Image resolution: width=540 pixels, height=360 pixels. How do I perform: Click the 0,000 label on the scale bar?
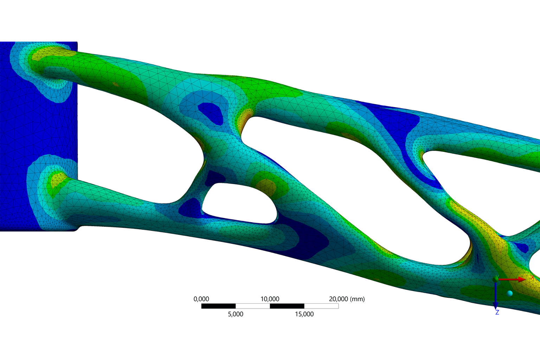click(201, 299)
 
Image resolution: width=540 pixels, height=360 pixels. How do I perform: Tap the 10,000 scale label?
click(270, 299)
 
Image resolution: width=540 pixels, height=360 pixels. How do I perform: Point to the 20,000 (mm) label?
click(347, 299)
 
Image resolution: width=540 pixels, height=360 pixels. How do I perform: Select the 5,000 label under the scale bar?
click(236, 314)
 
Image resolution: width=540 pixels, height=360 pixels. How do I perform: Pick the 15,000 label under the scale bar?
click(304, 314)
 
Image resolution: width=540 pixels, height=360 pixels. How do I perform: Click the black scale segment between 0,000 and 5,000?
click(218, 306)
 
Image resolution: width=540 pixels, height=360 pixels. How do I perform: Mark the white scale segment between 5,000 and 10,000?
click(252, 306)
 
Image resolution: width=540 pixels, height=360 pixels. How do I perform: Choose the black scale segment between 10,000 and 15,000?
click(287, 306)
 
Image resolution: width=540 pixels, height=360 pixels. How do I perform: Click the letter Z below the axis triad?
click(497, 313)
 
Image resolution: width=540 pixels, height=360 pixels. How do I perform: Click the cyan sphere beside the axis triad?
click(510, 293)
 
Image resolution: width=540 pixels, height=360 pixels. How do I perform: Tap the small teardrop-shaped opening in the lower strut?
click(239, 203)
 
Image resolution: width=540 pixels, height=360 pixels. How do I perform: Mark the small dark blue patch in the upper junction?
click(211, 112)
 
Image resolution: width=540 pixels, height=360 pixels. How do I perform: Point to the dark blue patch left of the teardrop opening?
click(190, 207)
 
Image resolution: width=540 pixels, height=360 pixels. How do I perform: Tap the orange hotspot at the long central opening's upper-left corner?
click(244, 116)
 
